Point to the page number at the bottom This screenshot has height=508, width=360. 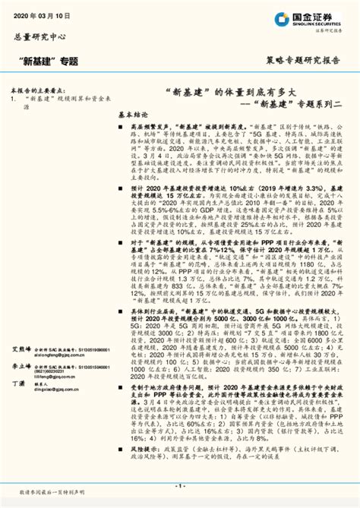[179, 484]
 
